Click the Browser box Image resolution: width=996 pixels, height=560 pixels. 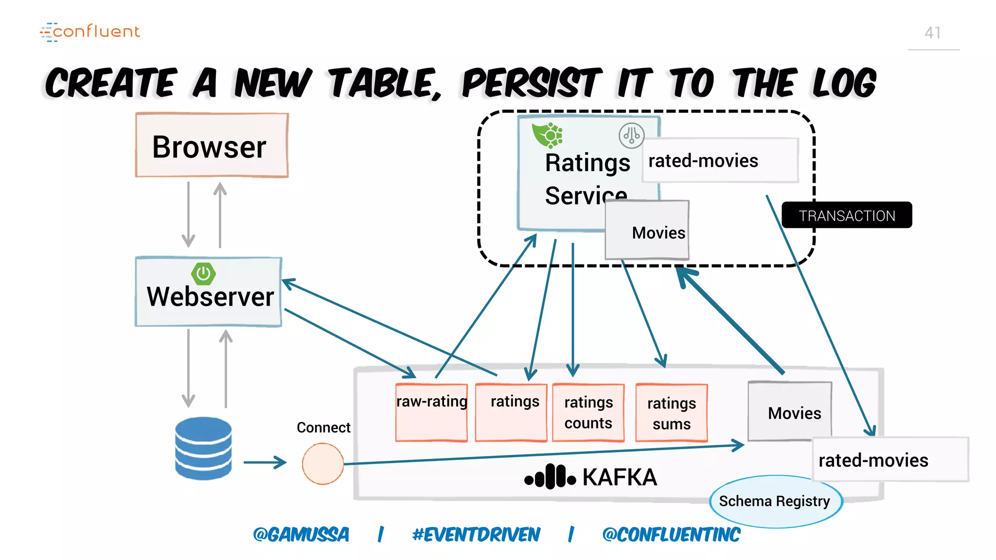point(212,145)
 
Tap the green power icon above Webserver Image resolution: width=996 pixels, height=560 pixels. point(203,274)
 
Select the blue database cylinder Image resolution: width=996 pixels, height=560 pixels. point(203,448)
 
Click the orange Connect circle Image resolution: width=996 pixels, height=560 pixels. point(322,463)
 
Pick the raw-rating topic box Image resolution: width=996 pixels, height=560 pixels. point(431,412)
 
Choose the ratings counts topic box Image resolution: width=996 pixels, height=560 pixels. point(588,413)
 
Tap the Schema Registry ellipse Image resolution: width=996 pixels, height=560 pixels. point(775,501)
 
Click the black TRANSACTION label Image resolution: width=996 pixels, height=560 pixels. point(846,215)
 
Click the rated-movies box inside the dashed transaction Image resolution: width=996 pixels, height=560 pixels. point(720,160)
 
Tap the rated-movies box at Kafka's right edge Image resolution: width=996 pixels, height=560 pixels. point(890,459)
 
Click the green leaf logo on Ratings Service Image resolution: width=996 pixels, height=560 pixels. point(547,135)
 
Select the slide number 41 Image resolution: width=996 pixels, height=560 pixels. point(932,33)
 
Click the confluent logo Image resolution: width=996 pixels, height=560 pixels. point(90,32)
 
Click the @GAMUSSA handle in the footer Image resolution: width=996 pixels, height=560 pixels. point(301,534)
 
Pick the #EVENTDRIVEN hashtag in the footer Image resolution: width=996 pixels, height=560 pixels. point(476,534)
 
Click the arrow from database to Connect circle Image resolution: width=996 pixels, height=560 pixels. point(265,462)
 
